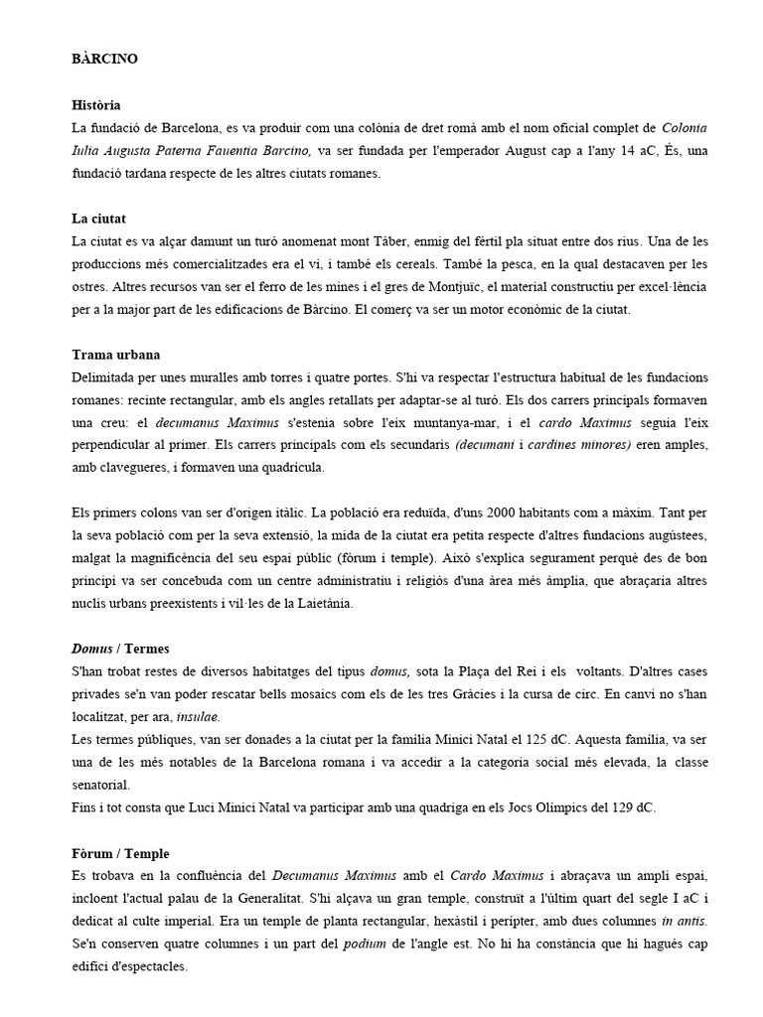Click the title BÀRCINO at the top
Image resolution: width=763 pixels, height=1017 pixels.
click(x=104, y=59)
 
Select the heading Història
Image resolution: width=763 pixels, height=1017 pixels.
click(x=96, y=104)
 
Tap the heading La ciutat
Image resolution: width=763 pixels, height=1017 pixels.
click(x=98, y=218)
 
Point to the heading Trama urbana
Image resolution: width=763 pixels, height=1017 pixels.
click(x=116, y=355)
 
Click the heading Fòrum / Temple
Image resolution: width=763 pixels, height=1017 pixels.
click(x=120, y=853)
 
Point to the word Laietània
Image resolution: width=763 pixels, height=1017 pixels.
click(x=318, y=603)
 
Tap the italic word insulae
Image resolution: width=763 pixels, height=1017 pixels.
click(x=200, y=716)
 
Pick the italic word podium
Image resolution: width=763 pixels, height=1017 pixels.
click(x=364, y=944)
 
